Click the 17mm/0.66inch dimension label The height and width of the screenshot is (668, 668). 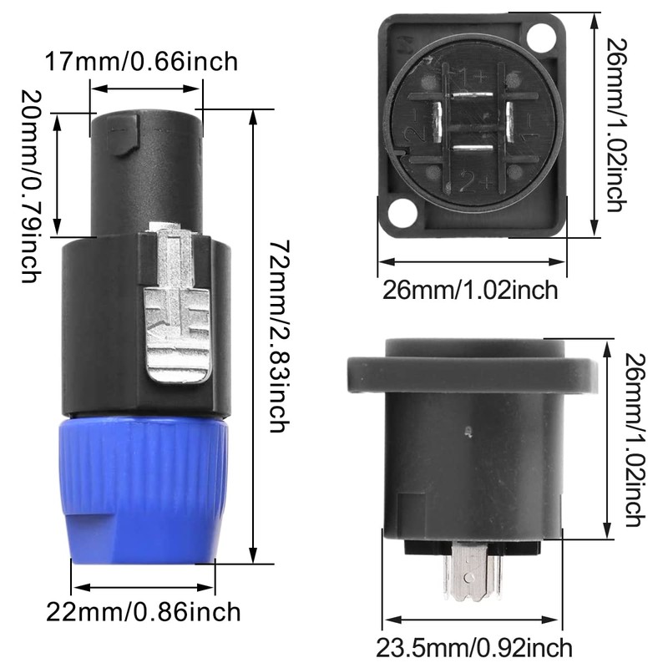[x=141, y=62]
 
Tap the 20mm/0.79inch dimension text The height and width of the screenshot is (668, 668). [x=31, y=186]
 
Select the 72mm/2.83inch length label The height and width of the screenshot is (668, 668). [x=280, y=337]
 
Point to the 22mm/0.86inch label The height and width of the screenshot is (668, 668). [x=143, y=612]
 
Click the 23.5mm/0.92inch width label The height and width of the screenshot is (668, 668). [x=474, y=648]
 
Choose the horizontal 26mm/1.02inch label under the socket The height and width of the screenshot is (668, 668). [x=470, y=290]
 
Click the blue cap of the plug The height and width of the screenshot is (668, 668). [x=144, y=490]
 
